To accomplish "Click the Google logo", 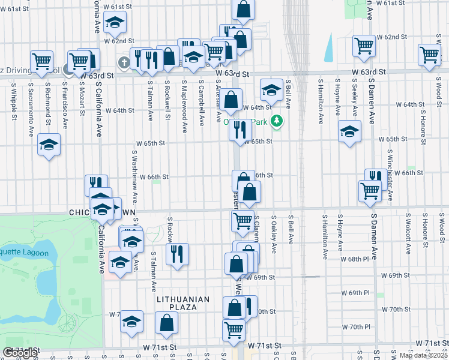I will pyautogui.click(x=20, y=353).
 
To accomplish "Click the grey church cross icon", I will pyautogui.click(x=124, y=62).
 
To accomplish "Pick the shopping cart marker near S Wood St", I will pyautogui.click(x=430, y=55).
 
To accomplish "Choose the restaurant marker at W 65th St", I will pyautogui.click(x=240, y=130).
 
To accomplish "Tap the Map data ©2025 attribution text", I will pyautogui.click(x=423, y=355).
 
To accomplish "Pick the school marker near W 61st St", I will pyautogui.click(x=114, y=23).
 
